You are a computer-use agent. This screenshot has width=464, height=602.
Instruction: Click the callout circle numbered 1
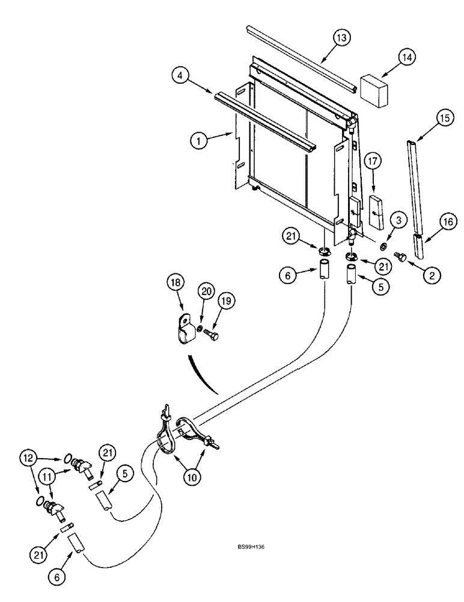197,141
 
